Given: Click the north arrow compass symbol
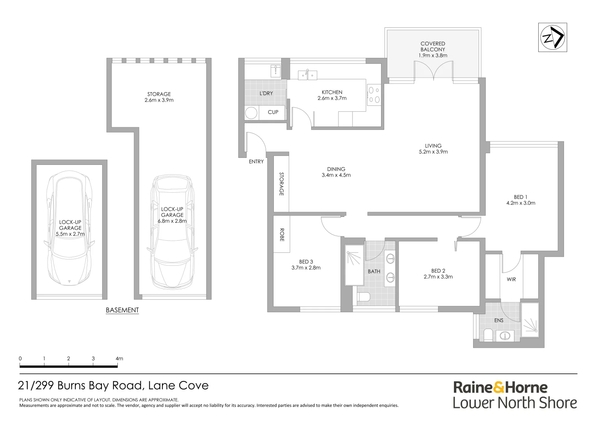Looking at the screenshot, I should click(x=552, y=38).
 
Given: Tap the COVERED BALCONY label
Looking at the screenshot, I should click(x=433, y=46).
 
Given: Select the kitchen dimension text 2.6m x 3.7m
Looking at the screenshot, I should click(x=332, y=98).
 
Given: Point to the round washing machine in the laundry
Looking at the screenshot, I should click(x=251, y=113).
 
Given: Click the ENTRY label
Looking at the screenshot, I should click(x=256, y=162).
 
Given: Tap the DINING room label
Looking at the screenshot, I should click(x=336, y=169).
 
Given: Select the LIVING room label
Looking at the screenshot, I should click(x=433, y=146).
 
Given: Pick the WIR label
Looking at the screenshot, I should click(x=511, y=279).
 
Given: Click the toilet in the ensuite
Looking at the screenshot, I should click(x=488, y=334).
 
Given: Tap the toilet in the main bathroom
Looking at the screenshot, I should click(x=364, y=298).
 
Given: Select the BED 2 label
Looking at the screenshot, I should click(x=438, y=271).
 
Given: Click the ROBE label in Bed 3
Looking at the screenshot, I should click(x=282, y=235).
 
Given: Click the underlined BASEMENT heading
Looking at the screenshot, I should click(x=122, y=310).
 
